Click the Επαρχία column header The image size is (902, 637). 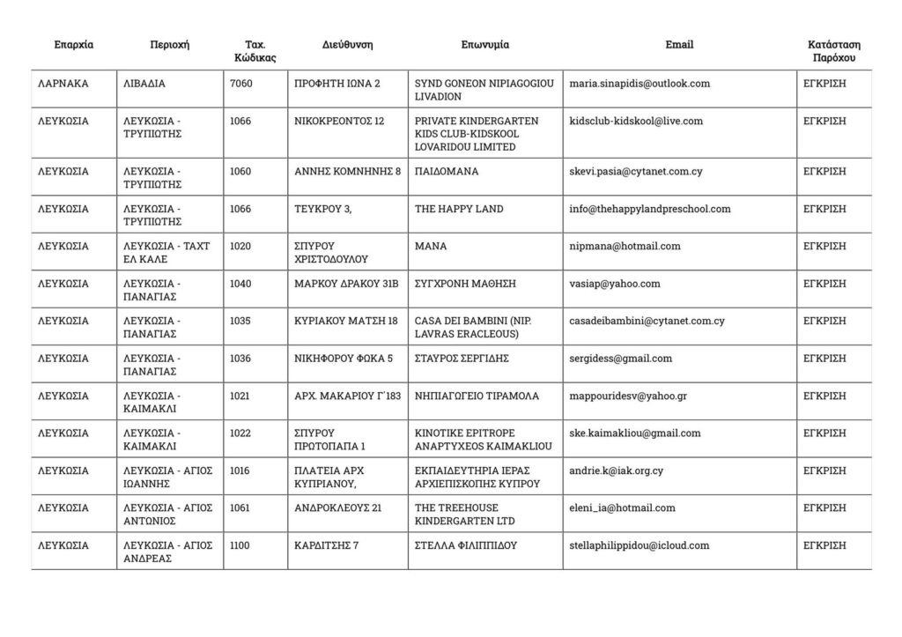[73, 45]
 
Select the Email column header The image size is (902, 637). [679, 45]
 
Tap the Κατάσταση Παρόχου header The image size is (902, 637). [833, 51]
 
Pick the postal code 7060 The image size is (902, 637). [240, 84]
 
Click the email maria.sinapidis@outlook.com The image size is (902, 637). [640, 84]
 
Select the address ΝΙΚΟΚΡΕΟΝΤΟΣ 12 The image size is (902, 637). [339, 121]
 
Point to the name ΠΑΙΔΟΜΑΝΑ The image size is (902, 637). [447, 172]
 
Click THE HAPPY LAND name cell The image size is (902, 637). [459, 209]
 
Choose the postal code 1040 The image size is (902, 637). [240, 284]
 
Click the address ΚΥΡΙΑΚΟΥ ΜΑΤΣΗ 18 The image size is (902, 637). [346, 321]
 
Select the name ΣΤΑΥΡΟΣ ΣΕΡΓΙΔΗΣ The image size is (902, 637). [462, 359]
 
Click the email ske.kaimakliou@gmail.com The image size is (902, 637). [635, 433]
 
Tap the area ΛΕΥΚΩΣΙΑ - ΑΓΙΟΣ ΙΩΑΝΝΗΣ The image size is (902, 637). [168, 477]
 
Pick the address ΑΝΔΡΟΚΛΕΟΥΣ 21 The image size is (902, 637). [337, 507]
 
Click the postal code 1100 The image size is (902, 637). [240, 545]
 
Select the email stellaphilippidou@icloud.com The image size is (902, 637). [639, 545]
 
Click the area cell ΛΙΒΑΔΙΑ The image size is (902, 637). [145, 84]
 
